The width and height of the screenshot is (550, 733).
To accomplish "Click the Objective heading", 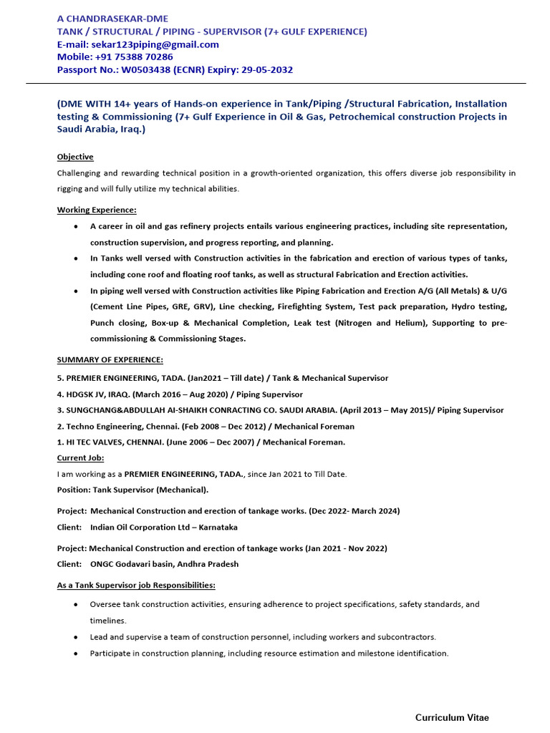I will click(75, 157).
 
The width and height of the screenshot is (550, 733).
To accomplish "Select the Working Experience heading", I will click(97, 210).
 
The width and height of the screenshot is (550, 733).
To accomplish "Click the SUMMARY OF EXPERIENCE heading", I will click(110, 359).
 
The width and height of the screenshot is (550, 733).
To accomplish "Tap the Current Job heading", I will click(80, 458).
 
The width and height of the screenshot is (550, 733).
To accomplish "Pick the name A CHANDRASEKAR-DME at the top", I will click(113, 19).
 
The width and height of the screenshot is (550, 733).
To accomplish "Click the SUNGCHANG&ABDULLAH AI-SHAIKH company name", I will click(172, 410).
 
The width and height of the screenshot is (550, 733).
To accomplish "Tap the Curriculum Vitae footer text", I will click(453, 717).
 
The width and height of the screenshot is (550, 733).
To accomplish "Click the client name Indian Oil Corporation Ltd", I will click(152, 527).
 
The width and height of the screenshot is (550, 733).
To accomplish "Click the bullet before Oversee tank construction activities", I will click(76, 605).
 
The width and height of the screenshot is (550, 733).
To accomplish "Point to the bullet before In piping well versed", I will click(76, 291).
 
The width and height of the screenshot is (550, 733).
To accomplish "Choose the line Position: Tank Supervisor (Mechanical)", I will click(132, 490).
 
